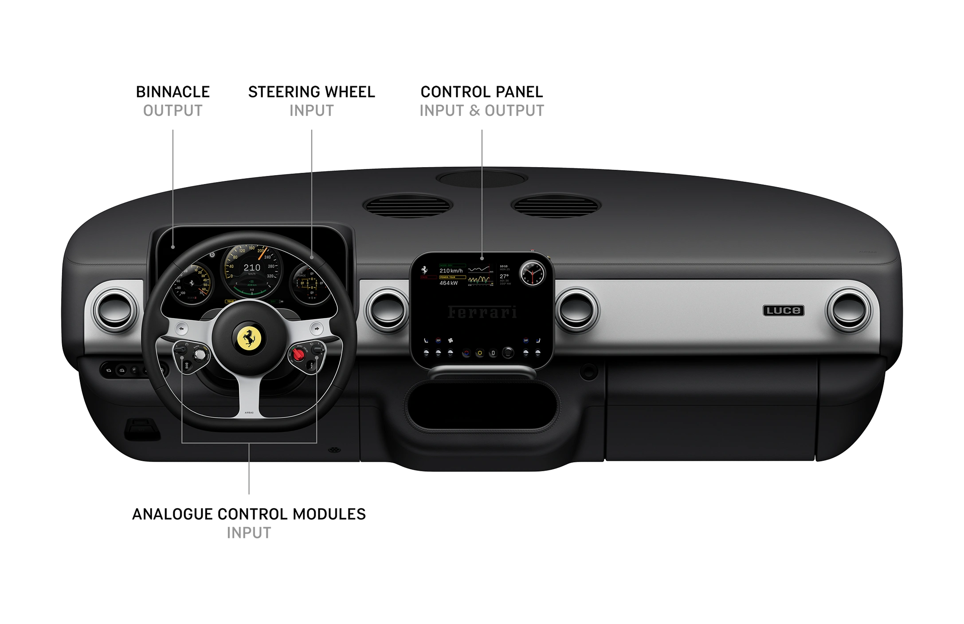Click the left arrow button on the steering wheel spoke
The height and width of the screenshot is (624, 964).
click(182, 329)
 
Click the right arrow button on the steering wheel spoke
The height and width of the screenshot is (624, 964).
click(316, 329)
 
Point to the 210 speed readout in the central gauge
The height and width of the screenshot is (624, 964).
click(251, 267)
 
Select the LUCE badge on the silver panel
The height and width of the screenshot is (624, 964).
click(783, 310)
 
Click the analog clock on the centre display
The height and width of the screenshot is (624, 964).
click(531, 273)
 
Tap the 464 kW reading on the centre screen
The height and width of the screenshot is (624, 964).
click(448, 283)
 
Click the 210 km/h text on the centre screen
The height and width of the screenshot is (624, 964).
click(451, 271)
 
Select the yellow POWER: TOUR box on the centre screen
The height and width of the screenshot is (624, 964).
click(452, 277)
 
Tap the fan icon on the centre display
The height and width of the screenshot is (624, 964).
click(451, 341)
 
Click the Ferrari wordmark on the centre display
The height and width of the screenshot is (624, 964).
click(482, 312)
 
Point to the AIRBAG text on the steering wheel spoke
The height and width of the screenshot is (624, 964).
click(249, 412)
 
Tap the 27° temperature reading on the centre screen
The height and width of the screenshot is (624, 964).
click(504, 276)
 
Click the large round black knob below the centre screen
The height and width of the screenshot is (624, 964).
click(508, 353)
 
